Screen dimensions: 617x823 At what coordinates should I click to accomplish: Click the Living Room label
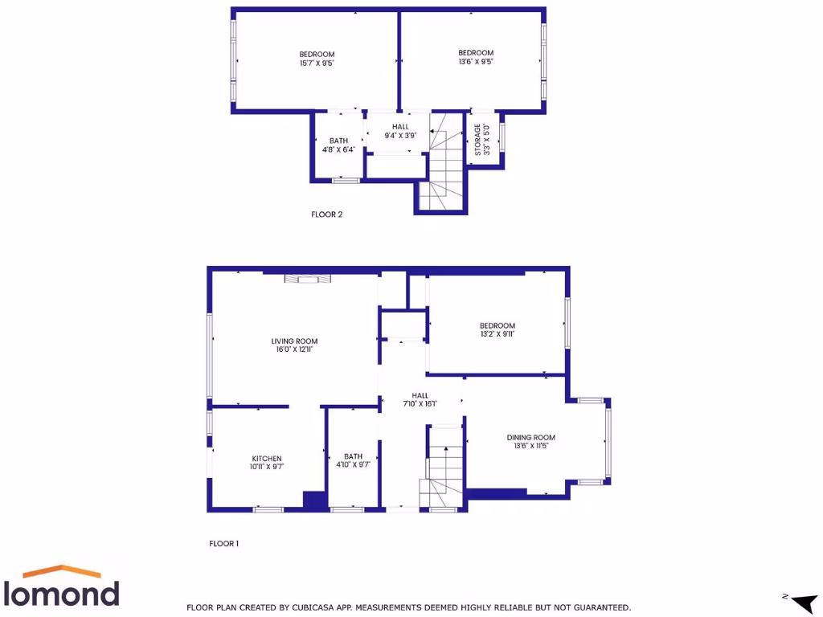pyautogui.click(x=294, y=341)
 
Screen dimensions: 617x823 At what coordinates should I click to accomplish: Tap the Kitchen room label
pyautogui.click(x=266, y=459)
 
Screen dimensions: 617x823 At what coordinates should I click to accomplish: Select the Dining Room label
pyautogui.click(x=530, y=438)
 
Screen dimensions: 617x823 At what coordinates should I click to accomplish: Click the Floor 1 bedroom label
pyautogui.click(x=497, y=325)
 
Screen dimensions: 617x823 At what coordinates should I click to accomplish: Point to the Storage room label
pyautogui.click(x=478, y=140)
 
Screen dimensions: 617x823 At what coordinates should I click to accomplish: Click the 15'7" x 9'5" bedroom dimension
pyautogui.click(x=317, y=63)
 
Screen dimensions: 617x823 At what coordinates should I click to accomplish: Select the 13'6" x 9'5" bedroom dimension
pyautogui.click(x=476, y=61)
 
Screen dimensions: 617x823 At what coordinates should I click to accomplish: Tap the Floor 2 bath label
pyautogui.click(x=338, y=141)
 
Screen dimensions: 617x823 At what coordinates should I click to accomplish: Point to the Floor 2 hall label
pyautogui.click(x=400, y=127)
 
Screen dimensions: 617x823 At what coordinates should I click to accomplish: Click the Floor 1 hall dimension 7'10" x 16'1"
pyautogui.click(x=420, y=404)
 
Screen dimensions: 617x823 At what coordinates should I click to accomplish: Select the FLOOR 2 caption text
pyautogui.click(x=332, y=215)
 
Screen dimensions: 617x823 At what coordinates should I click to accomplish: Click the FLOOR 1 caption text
pyautogui.click(x=224, y=544)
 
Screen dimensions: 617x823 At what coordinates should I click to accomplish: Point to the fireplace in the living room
pyautogui.click(x=308, y=279)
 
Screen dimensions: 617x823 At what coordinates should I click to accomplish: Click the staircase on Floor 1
pyautogui.click(x=444, y=470)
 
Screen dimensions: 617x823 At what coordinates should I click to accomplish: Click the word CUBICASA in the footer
pyautogui.click(x=309, y=607)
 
